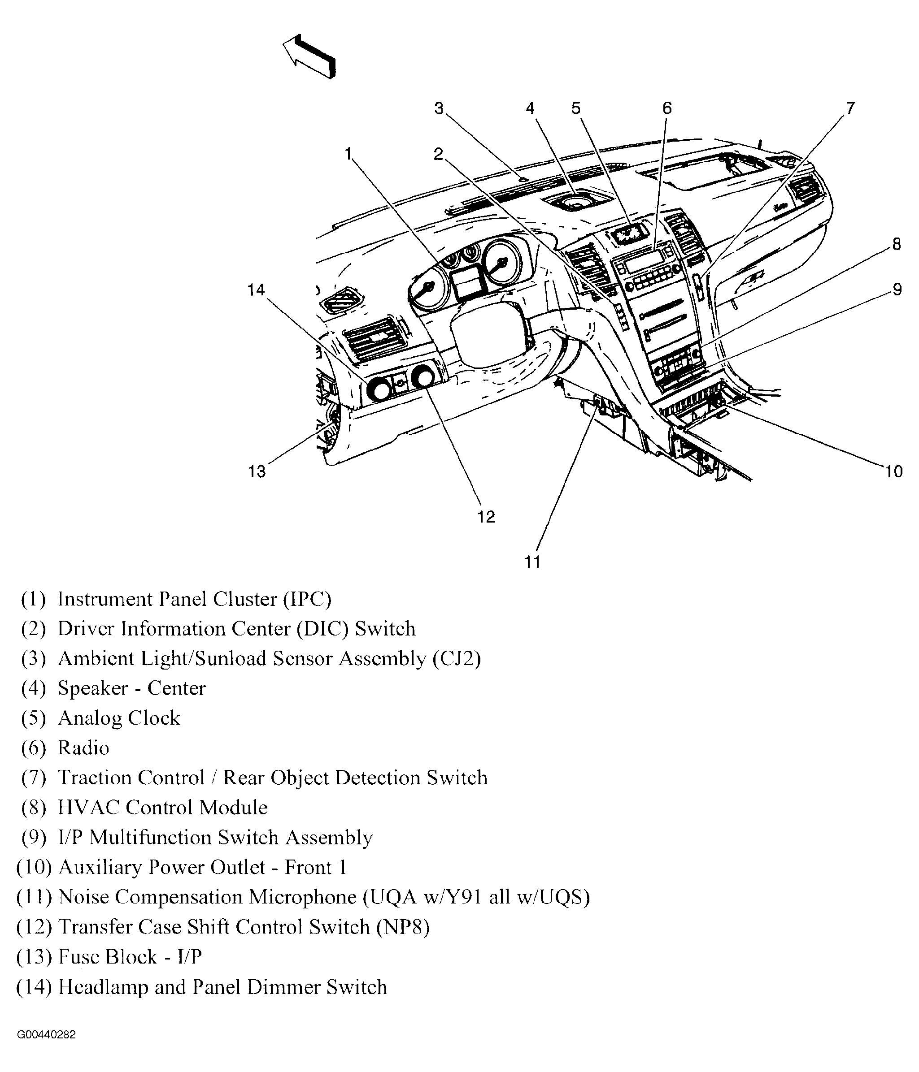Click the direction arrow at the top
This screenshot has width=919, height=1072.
pos(309,57)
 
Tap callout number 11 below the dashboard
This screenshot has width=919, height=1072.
pos(532,562)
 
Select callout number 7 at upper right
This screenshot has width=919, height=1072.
pos(850,108)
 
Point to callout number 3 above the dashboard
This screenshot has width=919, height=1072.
pos(439,108)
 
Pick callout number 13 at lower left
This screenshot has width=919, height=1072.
pos(257,471)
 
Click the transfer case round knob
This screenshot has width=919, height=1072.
pos(423,376)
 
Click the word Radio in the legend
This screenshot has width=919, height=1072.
pos(83,748)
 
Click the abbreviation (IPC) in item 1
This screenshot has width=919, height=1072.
pos(306,599)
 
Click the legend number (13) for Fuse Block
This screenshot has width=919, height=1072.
pos(34,957)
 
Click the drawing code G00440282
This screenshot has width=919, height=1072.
pos(47,1035)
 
